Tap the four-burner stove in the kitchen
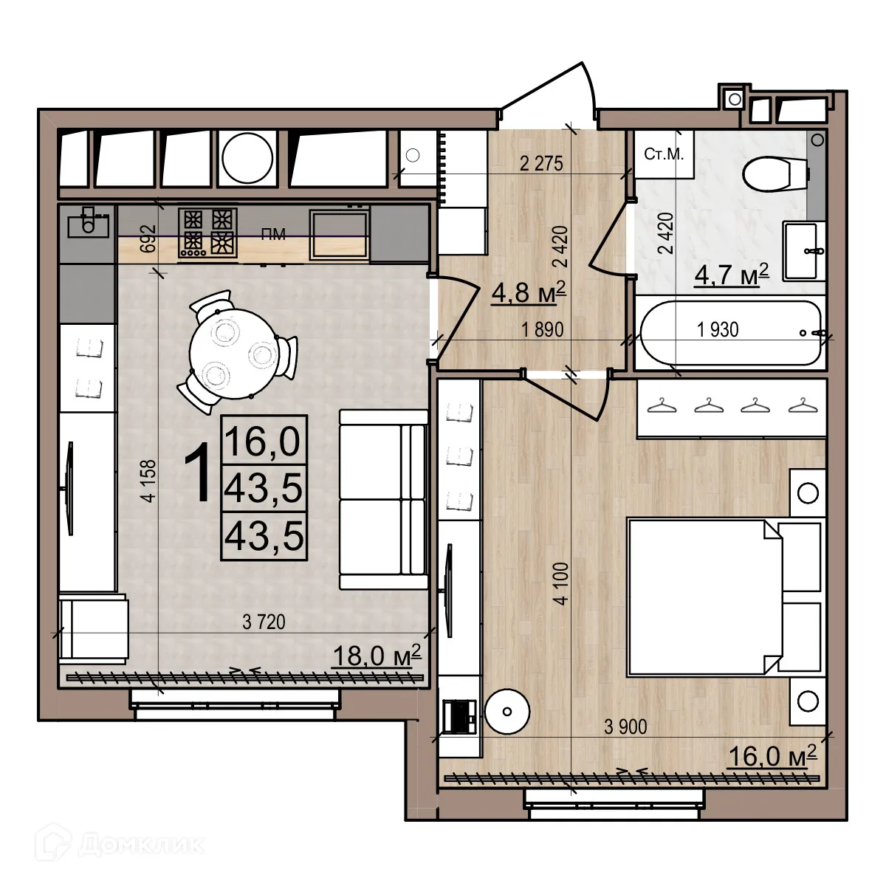pos(207,233)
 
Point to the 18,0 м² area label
pos(376,655)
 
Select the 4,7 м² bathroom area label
pos(732,275)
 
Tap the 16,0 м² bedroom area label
pos(772,756)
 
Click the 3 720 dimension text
pos(264,623)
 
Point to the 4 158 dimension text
pos(149,481)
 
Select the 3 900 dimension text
pos(625,727)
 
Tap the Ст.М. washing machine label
pos(664,154)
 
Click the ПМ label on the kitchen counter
pos(274,236)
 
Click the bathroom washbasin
pos(802,250)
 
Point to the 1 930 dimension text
pos(718,330)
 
